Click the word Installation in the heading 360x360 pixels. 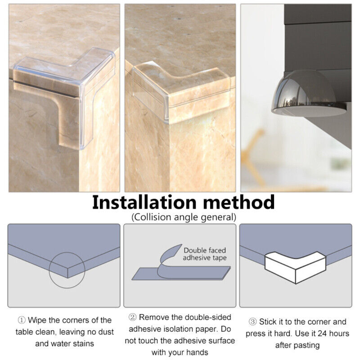(144, 202)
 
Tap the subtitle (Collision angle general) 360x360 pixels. (184, 217)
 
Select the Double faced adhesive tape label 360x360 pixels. (205, 254)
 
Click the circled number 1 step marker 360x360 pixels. (22, 320)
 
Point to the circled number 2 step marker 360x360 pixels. (132, 317)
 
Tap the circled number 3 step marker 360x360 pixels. (253, 322)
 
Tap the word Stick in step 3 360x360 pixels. (268, 322)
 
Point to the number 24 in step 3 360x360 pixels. (322, 334)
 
